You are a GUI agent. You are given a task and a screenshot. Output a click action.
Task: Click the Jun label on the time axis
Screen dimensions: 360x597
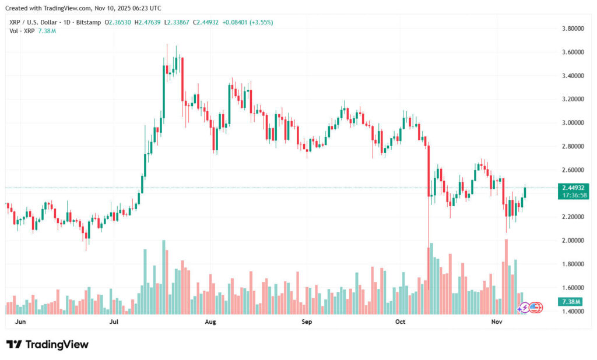pyautogui.click(x=20, y=322)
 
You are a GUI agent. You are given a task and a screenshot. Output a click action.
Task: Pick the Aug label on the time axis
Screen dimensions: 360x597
pyautogui.click(x=210, y=322)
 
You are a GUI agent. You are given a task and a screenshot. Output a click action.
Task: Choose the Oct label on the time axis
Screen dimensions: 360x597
pyautogui.click(x=401, y=322)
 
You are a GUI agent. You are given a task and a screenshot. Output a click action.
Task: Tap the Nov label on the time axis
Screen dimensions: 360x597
pyautogui.click(x=496, y=322)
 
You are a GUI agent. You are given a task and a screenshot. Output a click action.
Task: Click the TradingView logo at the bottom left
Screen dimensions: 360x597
pyautogui.click(x=47, y=344)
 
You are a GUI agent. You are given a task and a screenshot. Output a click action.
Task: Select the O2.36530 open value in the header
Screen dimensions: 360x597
pyautogui.click(x=117, y=22)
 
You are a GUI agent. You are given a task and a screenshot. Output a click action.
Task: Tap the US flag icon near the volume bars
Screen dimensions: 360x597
pyautogui.click(x=535, y=307)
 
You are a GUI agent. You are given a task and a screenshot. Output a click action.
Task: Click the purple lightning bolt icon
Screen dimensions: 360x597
pyautogui.click(x=524, y=307)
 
